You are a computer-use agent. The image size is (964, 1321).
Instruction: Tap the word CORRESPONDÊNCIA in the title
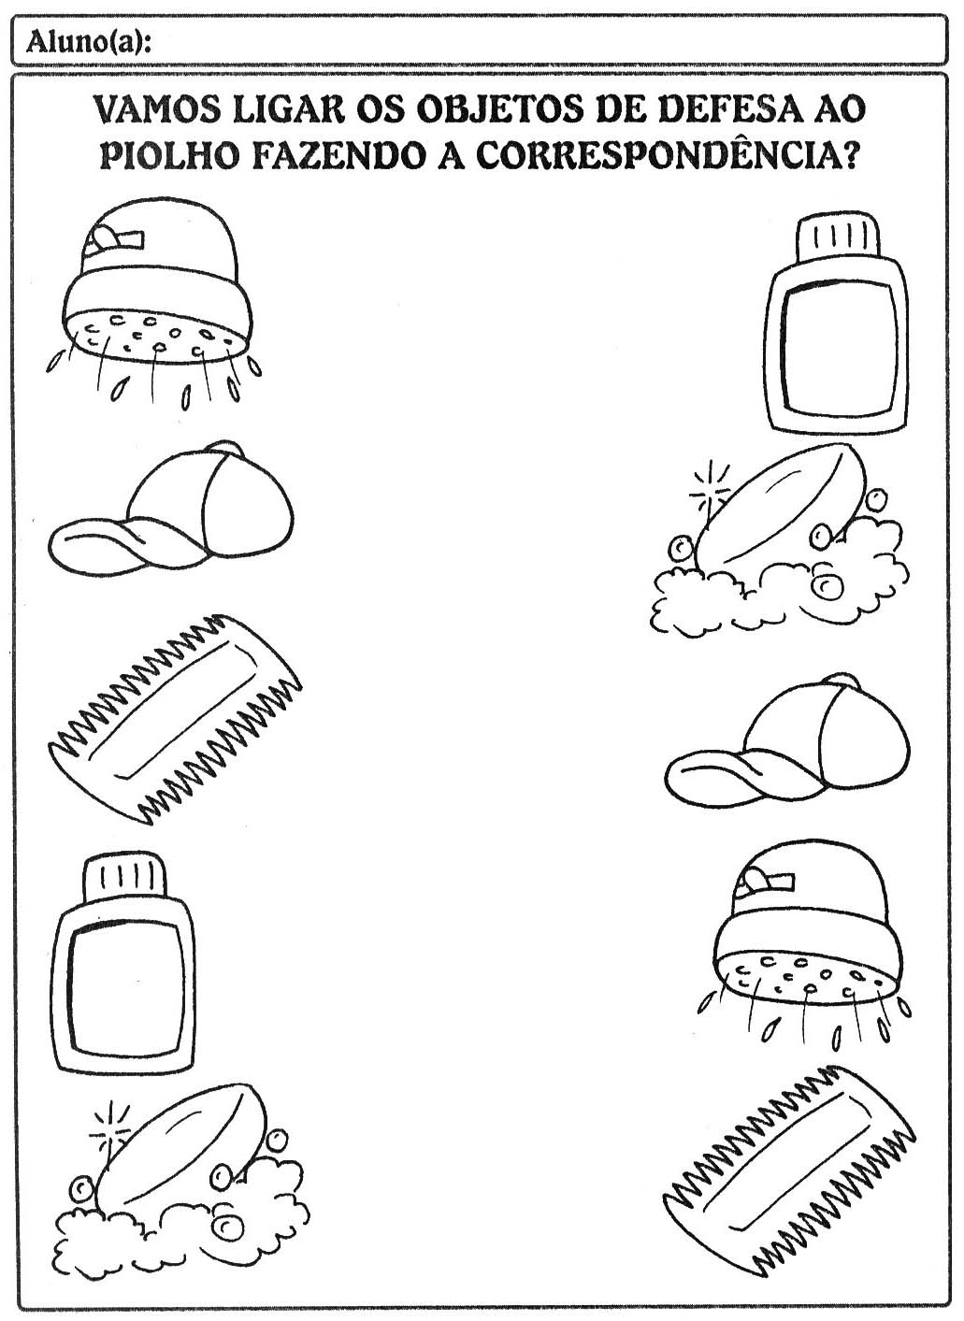(x=667, y=155)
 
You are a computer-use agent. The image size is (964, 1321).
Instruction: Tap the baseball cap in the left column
(x=174, y=524)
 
